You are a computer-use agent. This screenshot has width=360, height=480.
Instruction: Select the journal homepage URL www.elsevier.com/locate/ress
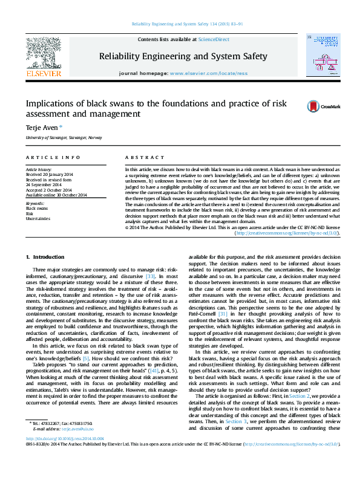(x=209, y=73)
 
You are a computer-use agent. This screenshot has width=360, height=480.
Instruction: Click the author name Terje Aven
(x=40, y=128)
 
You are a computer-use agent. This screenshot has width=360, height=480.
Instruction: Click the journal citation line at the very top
(x=179, y=24)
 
